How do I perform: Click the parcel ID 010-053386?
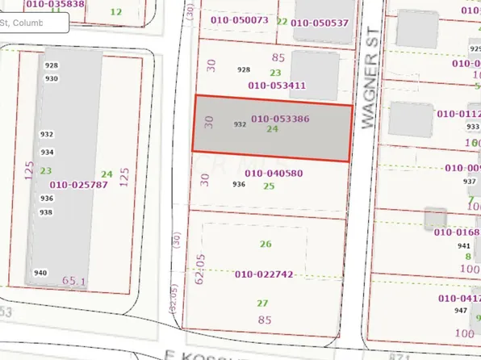pyautogui.click(x=280, y=119)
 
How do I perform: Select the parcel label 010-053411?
pyautogui.click(x=277, y=85)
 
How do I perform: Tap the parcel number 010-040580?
pyautogui.click(x=274, y=173)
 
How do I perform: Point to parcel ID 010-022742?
pyautogui.click(x=263, y=274)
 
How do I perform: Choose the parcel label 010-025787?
pyautogui.click(x=78, y=185)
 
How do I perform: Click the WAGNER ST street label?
pyautogui.click(x=371, y=90)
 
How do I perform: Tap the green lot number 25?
pyautogui.click(x=269, y=186)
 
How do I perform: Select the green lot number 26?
pyautogui.click(x=263, y=244)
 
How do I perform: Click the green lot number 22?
pyautogui.click(x=282, y=20)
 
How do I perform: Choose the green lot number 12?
pyautogui.click(x=116, y=11)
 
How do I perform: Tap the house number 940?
pyautogui.click(x=40, y=273)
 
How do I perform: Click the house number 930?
pyautogui.click(x=52, y=78)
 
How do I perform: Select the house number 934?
pyautogui.click(x=48, y=152)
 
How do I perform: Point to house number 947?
pyautogui.click(x=460, y=310)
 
